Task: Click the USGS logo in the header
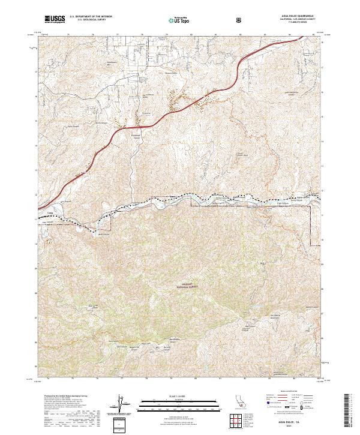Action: [55, 20]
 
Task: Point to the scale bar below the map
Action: [179, 400]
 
